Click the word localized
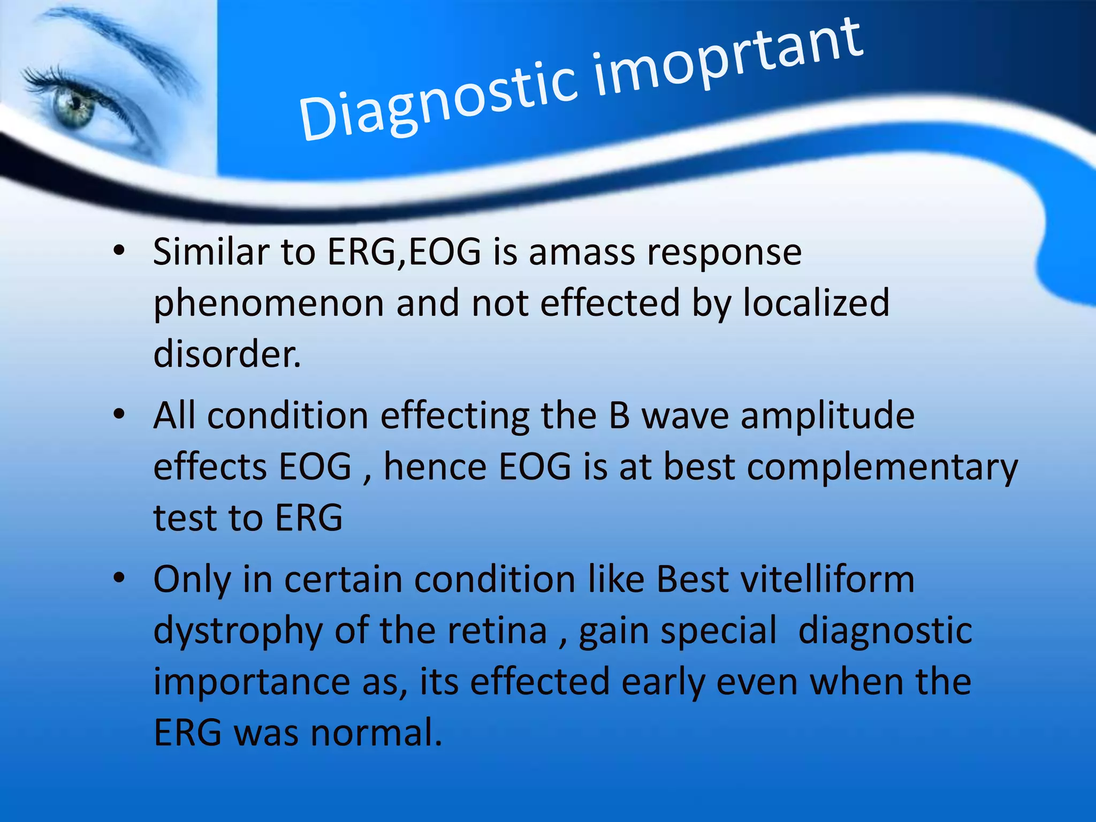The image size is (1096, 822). point(816,303)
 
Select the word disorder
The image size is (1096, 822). point(226,354)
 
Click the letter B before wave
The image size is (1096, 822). point(619,416)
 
